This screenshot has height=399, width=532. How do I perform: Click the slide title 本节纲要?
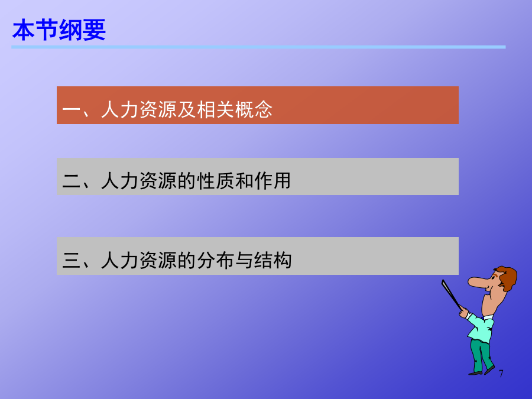[59, 30]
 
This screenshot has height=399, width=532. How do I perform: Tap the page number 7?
[501, 374]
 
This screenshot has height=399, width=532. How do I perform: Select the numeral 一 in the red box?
[72, 111]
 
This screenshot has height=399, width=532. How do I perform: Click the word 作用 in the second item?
[273, 180]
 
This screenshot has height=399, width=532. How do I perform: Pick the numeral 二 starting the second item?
[72, 181]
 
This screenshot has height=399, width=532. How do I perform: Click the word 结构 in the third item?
[273, 260]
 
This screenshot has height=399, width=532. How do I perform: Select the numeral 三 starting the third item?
[72, 260]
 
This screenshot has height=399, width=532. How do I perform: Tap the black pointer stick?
[451, 294]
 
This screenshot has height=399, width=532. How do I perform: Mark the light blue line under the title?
[258, 47]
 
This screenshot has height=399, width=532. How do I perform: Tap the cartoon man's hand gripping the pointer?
[463, 312]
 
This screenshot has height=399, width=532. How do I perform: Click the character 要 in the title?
[94, 30]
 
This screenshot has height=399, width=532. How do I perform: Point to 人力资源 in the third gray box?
[139, 260]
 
